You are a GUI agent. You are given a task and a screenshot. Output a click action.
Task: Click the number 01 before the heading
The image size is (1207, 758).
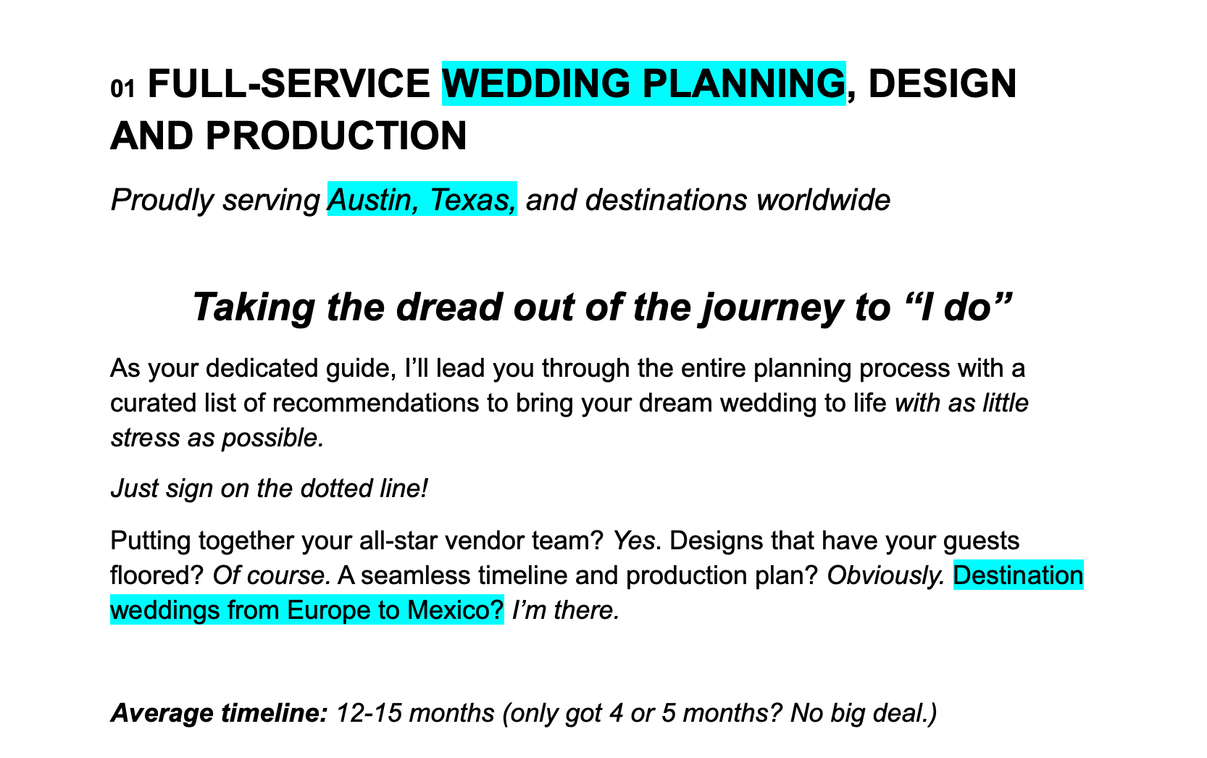click(122, 88)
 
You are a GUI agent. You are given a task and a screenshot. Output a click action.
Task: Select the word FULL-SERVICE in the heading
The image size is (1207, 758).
click(289, 83)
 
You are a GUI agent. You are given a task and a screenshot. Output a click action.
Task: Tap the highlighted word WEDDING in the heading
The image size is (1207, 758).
click(536, 83)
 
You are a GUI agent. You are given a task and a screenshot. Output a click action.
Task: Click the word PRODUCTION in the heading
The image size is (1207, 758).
click(336, 136)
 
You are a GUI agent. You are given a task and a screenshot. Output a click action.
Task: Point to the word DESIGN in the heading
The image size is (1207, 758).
click(943, 83)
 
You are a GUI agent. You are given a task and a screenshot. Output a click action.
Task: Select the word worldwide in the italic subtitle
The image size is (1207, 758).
click(823, 200)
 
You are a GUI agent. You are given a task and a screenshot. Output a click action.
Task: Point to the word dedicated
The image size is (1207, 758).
click(262, 369)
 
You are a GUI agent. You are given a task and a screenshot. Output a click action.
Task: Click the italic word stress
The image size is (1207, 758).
click(146, 438)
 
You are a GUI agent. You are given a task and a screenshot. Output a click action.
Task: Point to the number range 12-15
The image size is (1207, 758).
click(369, 713)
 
